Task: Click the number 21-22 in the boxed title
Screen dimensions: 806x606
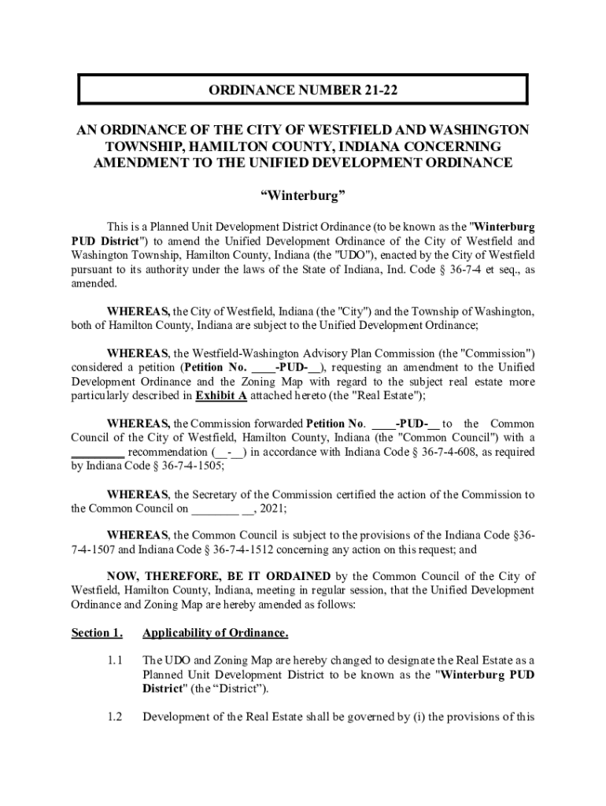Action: (375, 91)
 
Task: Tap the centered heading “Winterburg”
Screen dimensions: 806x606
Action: (304, 194)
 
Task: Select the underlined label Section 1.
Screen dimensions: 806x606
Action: (96, 633)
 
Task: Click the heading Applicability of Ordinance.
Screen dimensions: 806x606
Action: (215, 633)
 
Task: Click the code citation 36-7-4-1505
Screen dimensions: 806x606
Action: (187, 466)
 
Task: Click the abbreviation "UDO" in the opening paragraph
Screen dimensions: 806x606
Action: (358, 255)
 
